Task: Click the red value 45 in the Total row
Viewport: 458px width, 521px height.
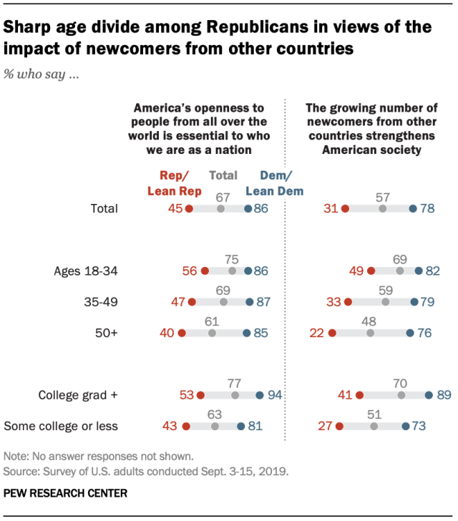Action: click(175, 209)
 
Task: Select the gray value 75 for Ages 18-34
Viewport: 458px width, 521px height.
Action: click(232, 259)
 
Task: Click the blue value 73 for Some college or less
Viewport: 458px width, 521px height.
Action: click(419, 427)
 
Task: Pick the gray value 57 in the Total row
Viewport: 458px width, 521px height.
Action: click(382, 196)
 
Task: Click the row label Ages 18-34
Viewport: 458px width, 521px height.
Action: click(85, 271)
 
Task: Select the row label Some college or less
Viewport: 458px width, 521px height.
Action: click(61, 427)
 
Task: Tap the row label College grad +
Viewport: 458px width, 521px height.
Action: click(77, 394)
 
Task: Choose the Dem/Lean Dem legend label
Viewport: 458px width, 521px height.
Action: click(275, 182)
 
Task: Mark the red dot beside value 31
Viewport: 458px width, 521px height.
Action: click(345, 209)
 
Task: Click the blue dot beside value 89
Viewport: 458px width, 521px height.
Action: click(429, 394)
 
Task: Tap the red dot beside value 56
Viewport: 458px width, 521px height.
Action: click(205, 271)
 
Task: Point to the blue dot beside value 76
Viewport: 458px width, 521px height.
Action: click(409, 333)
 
